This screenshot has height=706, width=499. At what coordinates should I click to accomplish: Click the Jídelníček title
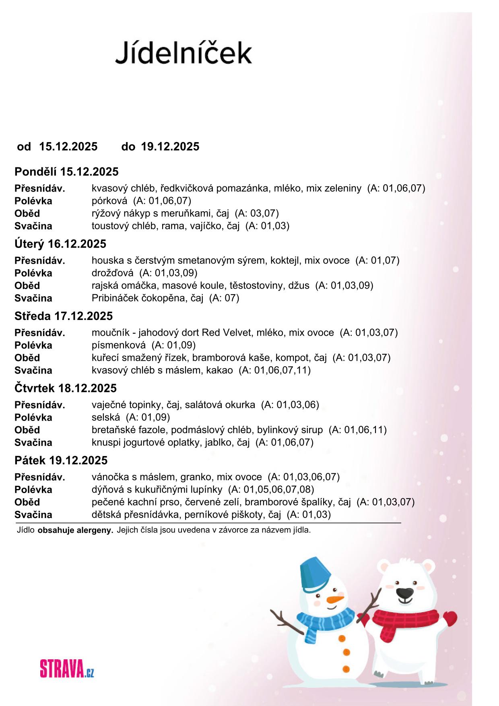point(184,53)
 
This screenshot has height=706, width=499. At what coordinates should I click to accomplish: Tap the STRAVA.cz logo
point(67,669)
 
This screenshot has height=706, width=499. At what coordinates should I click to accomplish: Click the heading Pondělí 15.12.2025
point(66,172)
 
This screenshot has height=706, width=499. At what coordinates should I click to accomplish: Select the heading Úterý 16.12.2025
point(60,244)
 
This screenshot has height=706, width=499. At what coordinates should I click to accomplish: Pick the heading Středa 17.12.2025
point(64,316)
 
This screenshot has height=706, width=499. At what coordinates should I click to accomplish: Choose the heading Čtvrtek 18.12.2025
point(66,388)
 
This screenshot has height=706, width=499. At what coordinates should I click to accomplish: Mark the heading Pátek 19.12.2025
point(61,460)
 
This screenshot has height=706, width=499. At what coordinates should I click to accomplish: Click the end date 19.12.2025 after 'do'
point(170,147)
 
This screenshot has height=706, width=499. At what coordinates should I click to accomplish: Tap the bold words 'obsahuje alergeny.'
point(75,530)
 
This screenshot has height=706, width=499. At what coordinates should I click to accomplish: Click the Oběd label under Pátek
point(27,502)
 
